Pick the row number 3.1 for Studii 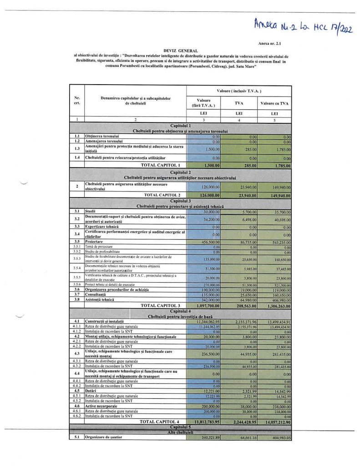[x=77, y=212]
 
